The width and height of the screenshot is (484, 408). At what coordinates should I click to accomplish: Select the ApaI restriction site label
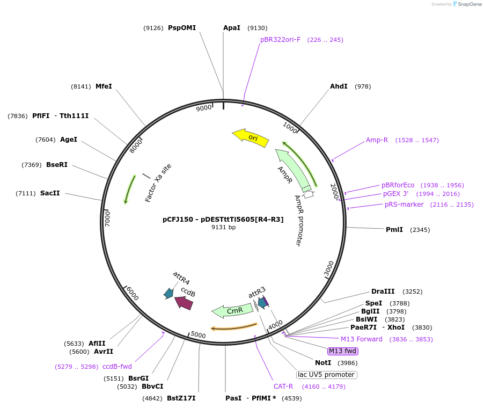(232, 28)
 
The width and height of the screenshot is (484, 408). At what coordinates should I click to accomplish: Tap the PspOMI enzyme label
(182, 28)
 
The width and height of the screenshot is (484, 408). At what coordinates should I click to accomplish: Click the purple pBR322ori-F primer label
(280, 40)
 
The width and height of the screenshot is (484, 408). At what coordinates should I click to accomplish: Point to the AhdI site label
(339, 86)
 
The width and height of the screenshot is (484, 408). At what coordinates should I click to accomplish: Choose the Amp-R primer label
(377, 140)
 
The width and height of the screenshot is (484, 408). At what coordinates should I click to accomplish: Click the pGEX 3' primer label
(395, 194)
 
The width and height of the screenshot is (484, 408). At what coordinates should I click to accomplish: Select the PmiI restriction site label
(394, 230)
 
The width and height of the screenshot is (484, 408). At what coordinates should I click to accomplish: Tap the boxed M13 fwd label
(343, 351)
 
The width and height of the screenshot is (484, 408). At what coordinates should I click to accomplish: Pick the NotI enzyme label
(323, 363)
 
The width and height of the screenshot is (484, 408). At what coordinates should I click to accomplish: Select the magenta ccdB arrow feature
(184, 303)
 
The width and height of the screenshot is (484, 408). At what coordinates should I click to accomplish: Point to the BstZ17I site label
(181, 398)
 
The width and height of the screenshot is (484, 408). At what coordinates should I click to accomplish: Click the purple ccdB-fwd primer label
(117, 367)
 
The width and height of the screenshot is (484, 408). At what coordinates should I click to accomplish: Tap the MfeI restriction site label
(104, 86)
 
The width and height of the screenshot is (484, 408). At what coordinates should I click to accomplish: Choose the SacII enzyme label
(50, 193)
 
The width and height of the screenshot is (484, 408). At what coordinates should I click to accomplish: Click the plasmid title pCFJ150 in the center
(223, 219)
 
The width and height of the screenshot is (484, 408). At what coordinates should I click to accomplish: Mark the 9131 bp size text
(223, 227)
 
